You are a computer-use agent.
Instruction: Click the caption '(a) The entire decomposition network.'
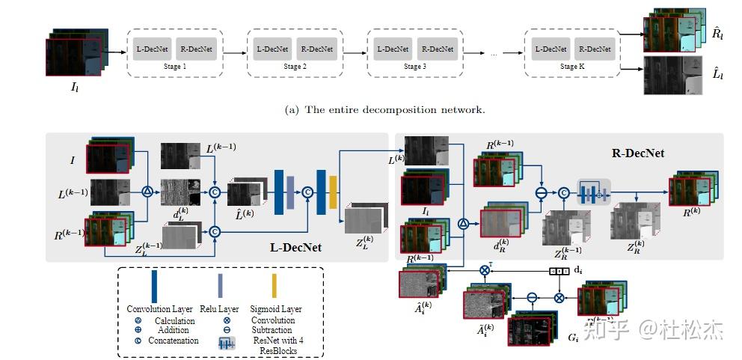(x=385, y=109)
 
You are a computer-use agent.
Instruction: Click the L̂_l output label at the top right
(x=717, y=73)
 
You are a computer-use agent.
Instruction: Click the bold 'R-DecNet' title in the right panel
(x=638, y=153)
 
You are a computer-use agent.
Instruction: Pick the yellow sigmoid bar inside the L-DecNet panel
(x=334, y=192)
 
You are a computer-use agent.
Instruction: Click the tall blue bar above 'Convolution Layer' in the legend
(x=155, y=287)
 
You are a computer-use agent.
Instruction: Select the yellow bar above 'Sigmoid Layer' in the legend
(x=275, y=287)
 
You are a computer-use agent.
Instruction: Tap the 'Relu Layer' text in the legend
(x=221, y=309)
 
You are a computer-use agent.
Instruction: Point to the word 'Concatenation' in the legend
(x=174, y=341)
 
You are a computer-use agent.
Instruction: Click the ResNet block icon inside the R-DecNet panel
(x=593, y=192)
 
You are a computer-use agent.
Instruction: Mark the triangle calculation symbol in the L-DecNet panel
(x=147, y=192)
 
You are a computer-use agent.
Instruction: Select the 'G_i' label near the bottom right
(x=573, y=338)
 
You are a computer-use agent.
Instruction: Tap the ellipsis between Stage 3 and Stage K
(x=494, y=54)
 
